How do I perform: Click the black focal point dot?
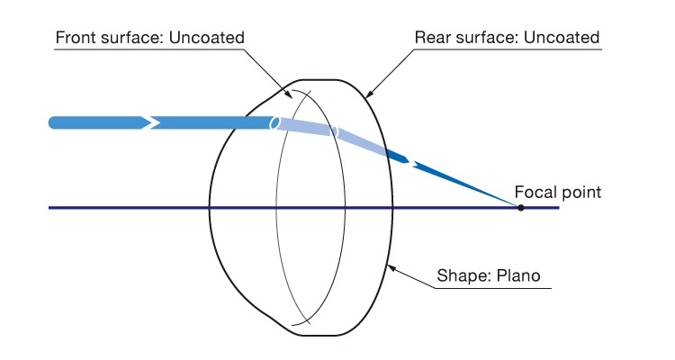coord(520,208)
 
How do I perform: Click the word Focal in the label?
coord(533,192)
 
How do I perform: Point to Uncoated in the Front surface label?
coord(207,38)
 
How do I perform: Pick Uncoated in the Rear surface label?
coord(562,38)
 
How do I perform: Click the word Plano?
coord(518,275)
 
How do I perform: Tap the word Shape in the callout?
coord(464,276)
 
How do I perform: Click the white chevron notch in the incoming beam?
coord(151,122)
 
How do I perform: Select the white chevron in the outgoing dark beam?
coord(412,163)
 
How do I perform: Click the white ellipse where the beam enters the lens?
coord(274,123)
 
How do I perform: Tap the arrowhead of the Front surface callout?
coord(288,94)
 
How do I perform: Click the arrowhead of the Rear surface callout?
coord(369,93)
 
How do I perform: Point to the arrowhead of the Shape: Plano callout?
coord(391,269)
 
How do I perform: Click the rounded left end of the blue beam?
coord(52,122)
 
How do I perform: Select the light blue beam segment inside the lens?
coord(304,128)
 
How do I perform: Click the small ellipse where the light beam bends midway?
coord(334,132)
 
